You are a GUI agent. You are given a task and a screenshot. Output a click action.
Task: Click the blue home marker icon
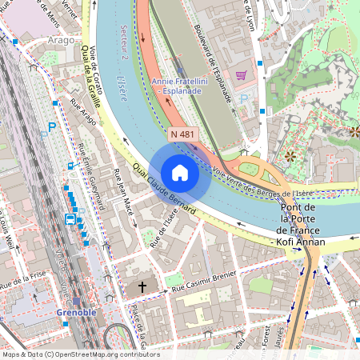tap(180, 173)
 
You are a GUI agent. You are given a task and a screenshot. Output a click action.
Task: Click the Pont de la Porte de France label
tap(300, 225)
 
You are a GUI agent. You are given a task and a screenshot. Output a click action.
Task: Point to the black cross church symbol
tap(143, 286)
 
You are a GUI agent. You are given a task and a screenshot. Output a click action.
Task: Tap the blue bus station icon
tap(70, 218)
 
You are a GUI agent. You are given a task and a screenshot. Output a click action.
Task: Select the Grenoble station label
tap(77, 311)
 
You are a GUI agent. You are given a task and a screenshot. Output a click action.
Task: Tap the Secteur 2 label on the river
tap(124, 40)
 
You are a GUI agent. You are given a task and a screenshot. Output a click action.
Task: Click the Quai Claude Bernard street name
tap(166, 189)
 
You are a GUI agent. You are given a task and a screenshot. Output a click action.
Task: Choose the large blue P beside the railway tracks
tap(53, 126)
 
